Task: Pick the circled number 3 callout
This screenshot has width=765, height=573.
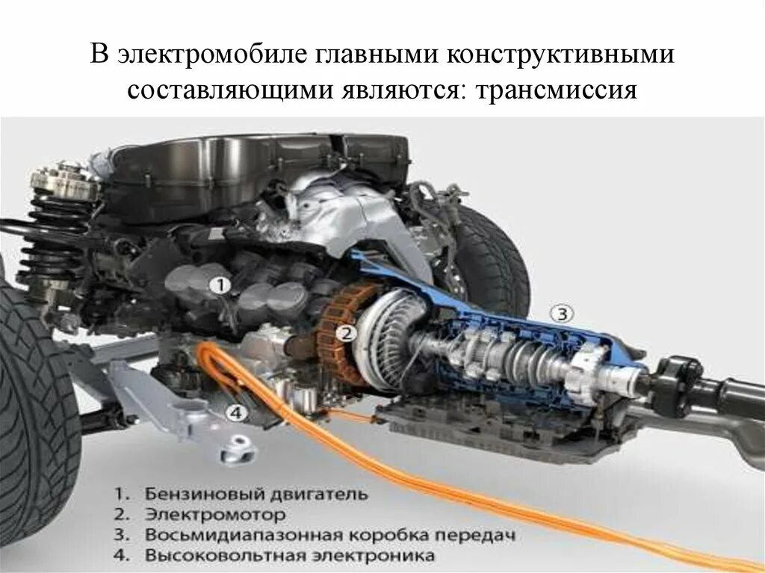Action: (562, 313)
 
